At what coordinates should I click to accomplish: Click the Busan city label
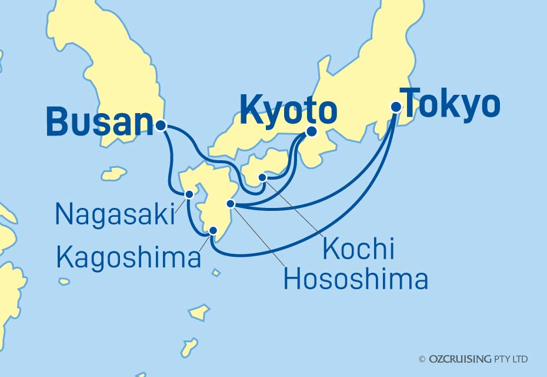coord(99,122)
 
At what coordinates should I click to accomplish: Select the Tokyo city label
coord(451,104)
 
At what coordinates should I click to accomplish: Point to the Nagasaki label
coord(115,215)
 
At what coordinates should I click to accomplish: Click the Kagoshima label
coord(129,257)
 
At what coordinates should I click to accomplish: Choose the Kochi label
coord(358,250)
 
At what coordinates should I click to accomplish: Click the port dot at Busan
coord(161,125)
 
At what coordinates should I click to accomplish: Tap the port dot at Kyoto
coord(311,132)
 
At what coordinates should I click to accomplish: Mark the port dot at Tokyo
coord(396,107)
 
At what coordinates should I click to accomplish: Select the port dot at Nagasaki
coord(189,194)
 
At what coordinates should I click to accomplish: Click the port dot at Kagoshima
coord(213,231)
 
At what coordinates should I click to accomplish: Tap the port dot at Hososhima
coord(231,204)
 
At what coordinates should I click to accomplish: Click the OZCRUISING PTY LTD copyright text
coord(478,359)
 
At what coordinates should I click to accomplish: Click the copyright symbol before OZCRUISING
coord(422,359)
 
